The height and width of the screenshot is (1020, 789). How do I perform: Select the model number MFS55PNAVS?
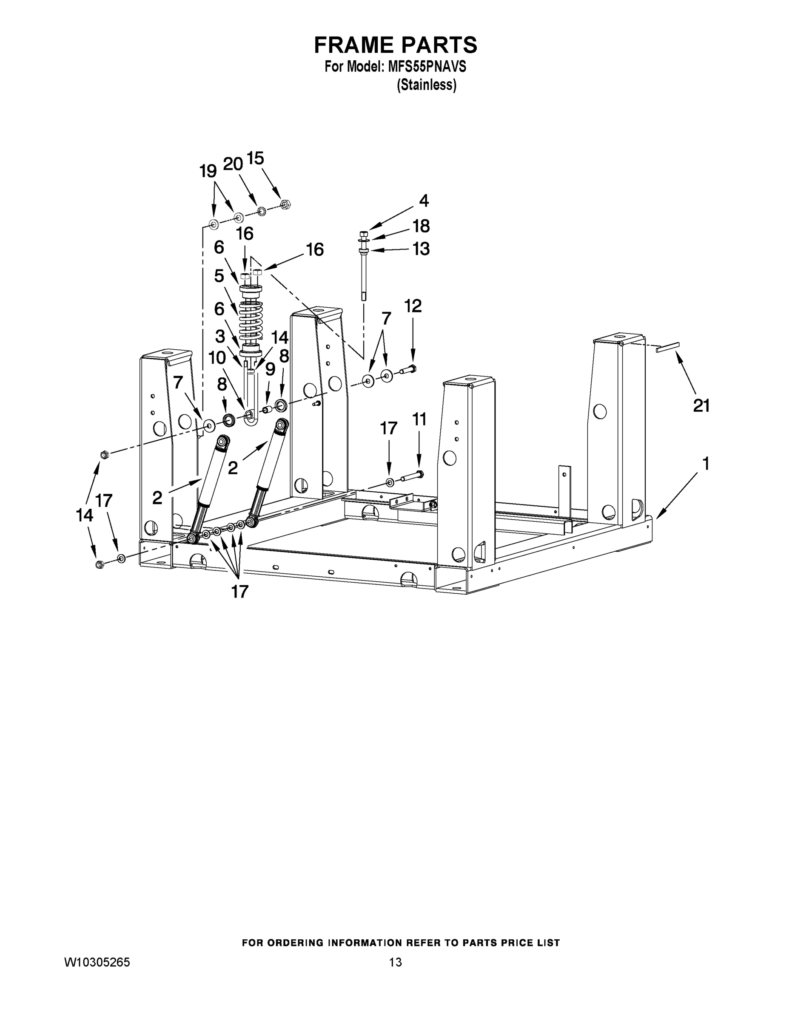tap(427, 67)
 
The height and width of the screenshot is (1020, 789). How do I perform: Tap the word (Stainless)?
tap(426, 85)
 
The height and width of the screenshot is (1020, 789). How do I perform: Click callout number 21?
tap(701, 406)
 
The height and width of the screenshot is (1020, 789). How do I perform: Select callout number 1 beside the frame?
tap(706, 464)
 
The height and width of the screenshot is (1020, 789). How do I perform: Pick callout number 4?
tap(424, 201)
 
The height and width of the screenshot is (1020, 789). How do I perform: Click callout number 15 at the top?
tap(255, 159)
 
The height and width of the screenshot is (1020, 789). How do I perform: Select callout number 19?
tap(208, 171)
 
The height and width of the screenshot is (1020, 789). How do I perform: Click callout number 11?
tap(419, 419)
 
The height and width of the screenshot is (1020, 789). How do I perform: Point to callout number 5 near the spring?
tap(219, 276)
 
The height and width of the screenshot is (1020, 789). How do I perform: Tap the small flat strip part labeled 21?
tap(667, 348)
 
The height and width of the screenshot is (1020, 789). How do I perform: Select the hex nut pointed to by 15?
tap(285, 204)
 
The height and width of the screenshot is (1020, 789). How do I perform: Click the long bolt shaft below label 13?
tap(364, 275)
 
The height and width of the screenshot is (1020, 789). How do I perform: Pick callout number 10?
tap(217, 358)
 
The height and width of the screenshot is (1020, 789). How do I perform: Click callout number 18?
tap(421, 226)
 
